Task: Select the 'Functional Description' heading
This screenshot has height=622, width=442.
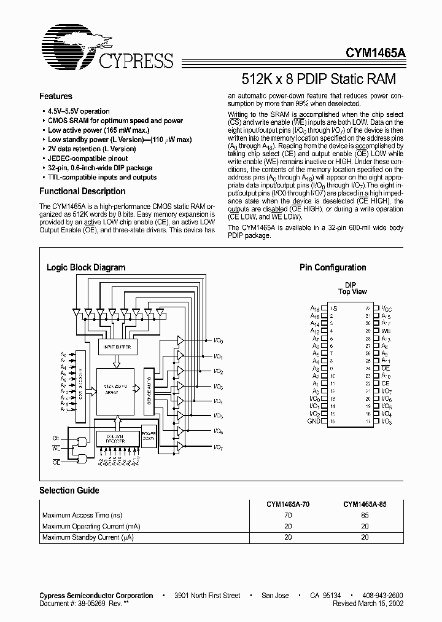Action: (x=82, y=191)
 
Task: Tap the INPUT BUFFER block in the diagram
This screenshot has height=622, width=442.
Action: (x=117, y=347)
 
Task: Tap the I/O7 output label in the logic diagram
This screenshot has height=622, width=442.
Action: (x=218, y=447)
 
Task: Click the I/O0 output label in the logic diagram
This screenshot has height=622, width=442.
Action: (x=218, y=341)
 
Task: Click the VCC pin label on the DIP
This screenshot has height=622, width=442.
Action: (x=386, y=307)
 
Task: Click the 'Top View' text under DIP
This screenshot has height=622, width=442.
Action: (x=352, y=291)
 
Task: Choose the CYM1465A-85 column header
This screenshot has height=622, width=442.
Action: (x=365, y=503)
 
